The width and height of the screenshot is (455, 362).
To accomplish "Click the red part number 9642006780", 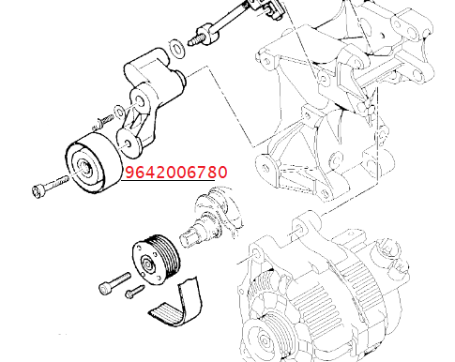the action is pos(176,172).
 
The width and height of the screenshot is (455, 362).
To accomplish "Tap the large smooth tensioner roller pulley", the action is pos(93,162).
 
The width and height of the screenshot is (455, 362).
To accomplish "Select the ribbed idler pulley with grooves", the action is pos(156,260).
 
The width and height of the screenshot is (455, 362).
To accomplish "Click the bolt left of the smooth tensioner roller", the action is pos(50,187).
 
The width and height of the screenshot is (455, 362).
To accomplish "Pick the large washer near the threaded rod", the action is pos(176,49).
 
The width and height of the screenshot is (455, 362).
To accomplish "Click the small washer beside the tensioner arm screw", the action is pos(119,112).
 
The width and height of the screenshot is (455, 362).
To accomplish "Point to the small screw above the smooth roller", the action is pos(102,122).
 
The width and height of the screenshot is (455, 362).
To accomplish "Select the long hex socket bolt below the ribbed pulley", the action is pos(114,283).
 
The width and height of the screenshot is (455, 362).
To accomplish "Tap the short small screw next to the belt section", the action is pos(134,291).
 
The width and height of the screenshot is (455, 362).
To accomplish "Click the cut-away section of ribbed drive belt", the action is pos(176,305).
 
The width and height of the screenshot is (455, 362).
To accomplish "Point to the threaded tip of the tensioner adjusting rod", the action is pos(194,40).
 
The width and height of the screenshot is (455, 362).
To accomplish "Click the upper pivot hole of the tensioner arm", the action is pos(139,100).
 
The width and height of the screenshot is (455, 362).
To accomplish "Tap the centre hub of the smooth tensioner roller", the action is pos(85,167).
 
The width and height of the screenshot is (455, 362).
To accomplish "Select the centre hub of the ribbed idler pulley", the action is pos(147,265).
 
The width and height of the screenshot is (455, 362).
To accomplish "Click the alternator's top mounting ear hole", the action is pos(299,227).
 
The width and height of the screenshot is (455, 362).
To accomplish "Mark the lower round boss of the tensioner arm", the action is pos(129,143).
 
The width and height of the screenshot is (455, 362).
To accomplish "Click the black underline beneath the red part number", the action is pos(168,180).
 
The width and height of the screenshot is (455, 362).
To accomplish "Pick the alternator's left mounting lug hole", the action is pos(257,253).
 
